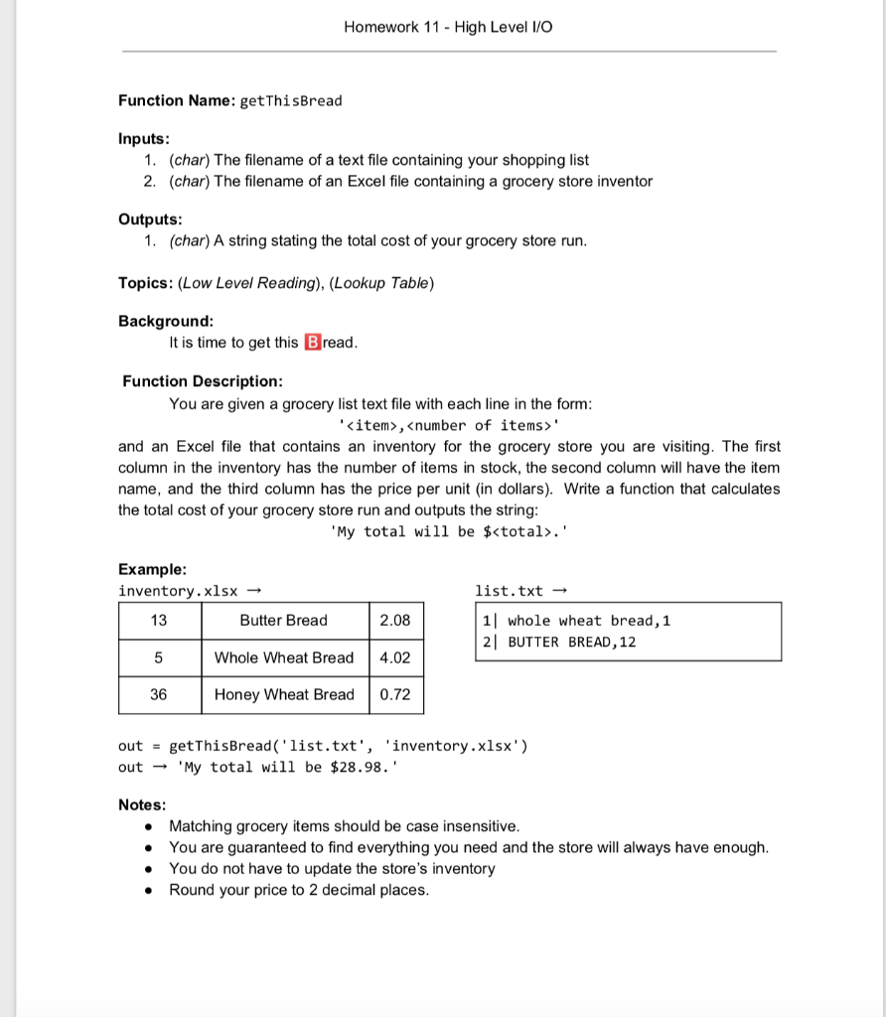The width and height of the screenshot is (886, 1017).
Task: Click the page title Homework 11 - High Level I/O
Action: pos(448,27)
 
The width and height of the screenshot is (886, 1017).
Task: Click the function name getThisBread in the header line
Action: pos(292,100)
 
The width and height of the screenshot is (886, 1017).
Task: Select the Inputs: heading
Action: pos(144,139)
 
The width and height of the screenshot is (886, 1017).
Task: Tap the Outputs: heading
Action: pos(150,219)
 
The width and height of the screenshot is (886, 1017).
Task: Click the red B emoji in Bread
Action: pos(312,343)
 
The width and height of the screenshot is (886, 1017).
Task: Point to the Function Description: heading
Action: pos(203,381)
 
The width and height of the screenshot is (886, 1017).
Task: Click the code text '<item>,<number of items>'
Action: pos(449,425)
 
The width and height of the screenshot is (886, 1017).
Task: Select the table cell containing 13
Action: pos(159,621)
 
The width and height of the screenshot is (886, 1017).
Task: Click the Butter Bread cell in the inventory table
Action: pos(284,621)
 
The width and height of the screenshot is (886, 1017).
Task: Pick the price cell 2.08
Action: pos(395,621)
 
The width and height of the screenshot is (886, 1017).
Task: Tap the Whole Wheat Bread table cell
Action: pos(284,657)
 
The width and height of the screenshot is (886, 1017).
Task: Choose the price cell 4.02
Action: pos(395,657)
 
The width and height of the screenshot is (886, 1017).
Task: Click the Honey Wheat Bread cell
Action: pos(284,694)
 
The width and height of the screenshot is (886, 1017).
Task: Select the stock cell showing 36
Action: pos(159,694)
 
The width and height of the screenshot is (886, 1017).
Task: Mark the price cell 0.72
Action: pos(395,694)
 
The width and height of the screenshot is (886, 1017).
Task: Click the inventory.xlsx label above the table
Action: pos(179,591)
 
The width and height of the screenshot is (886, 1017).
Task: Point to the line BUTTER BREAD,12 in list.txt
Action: pos(571,642)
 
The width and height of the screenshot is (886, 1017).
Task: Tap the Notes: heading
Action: pos(142,804)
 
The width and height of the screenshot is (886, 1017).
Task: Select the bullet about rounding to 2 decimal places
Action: pos(299,890)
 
